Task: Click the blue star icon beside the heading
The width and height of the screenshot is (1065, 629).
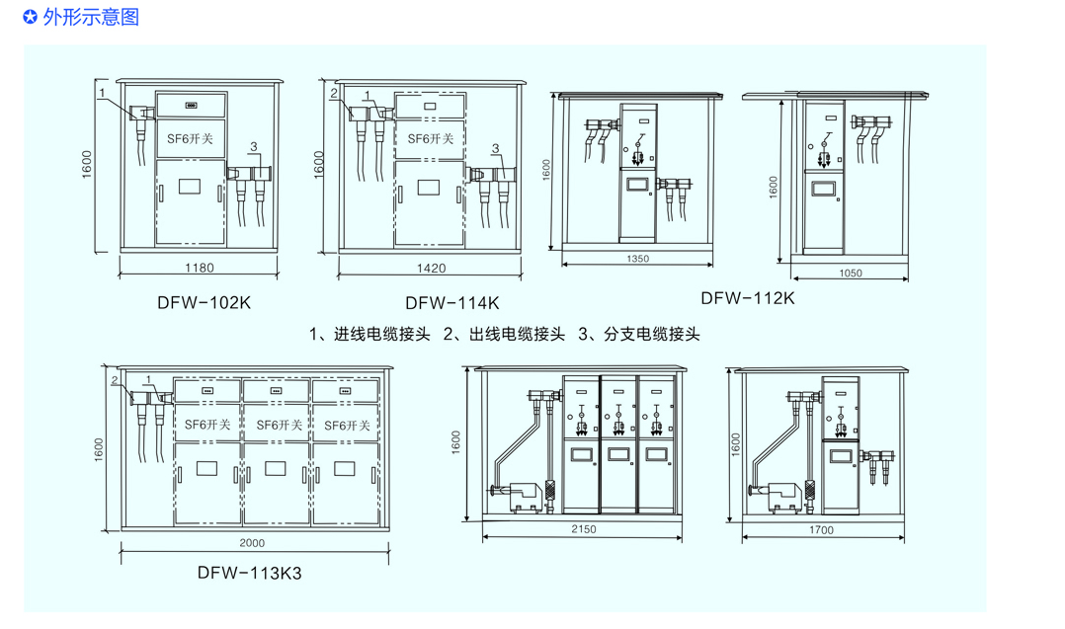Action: pyautogui.click(x=30, y=17)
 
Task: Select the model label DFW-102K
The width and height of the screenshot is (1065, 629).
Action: pyautogui.click(x=204, y=303)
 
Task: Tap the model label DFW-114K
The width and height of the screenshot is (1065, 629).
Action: pyautogui.click(x=451, y=303)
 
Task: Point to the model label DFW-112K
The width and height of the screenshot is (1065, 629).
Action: pyautogui.click(x=747, y=297)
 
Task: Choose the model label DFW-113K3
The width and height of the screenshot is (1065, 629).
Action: pyautogui.click(x=249, y=573)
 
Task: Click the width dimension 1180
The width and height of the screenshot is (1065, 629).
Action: pyautogui.click(x=200, y=268)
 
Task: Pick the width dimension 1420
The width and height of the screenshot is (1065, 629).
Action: pyautogui.click(x=431, y=268)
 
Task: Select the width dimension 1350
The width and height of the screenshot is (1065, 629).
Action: pyautogui.click(x=637, y=260)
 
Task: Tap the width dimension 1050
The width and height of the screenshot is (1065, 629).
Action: pyautogui.click(x=850, y=274)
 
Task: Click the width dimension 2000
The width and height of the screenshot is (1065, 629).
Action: pyautogui.click(x=252, y=544)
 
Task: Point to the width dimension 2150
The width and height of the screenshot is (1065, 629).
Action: pyautogui.click(x=583, y=530)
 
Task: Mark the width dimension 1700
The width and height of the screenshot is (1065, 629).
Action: pyautogui.click(x=820, y=530)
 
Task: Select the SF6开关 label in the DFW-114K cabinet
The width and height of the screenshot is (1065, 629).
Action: pyautogui.click(x=431, y=139)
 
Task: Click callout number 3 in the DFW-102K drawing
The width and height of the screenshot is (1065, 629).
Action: pyautogui.click(x=254, y=147)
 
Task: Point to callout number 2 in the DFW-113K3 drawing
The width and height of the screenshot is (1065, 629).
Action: pyautogui.click(x=116, y=380)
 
